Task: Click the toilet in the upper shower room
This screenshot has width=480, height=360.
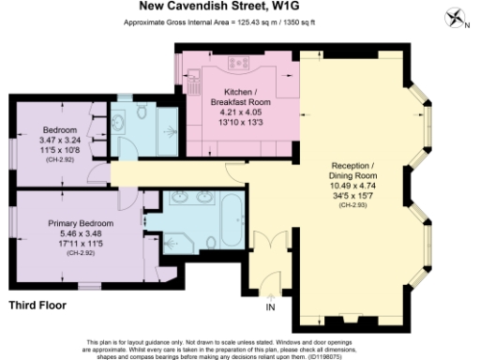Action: coord(142,112)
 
